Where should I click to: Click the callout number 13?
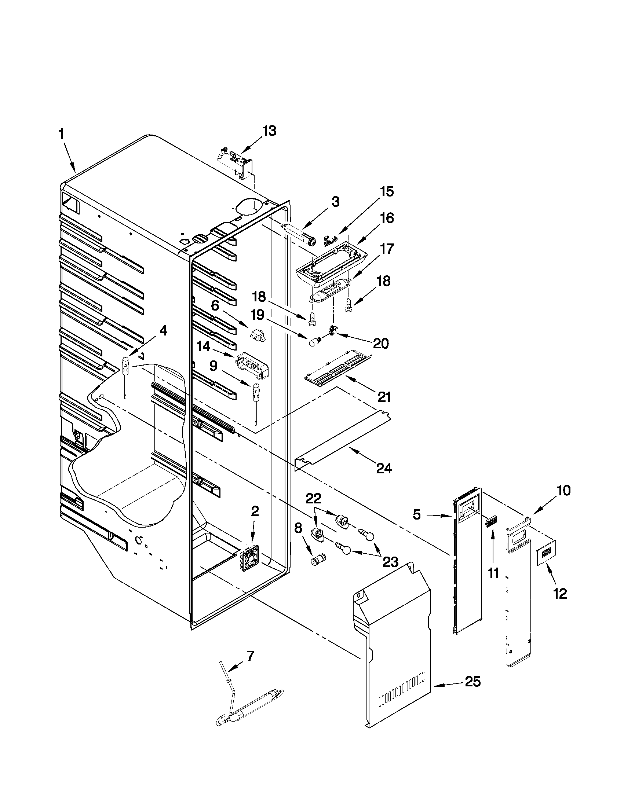pyautogui.click(x=270, y=131)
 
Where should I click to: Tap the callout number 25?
pyautogui.click(x=473, y=681)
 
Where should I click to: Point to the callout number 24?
pyautogui.click(x=383, y=469)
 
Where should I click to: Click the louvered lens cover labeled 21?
pyautogui.click(x=337, y=368)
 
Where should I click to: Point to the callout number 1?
pyautogui.click(x=61, y=135)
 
